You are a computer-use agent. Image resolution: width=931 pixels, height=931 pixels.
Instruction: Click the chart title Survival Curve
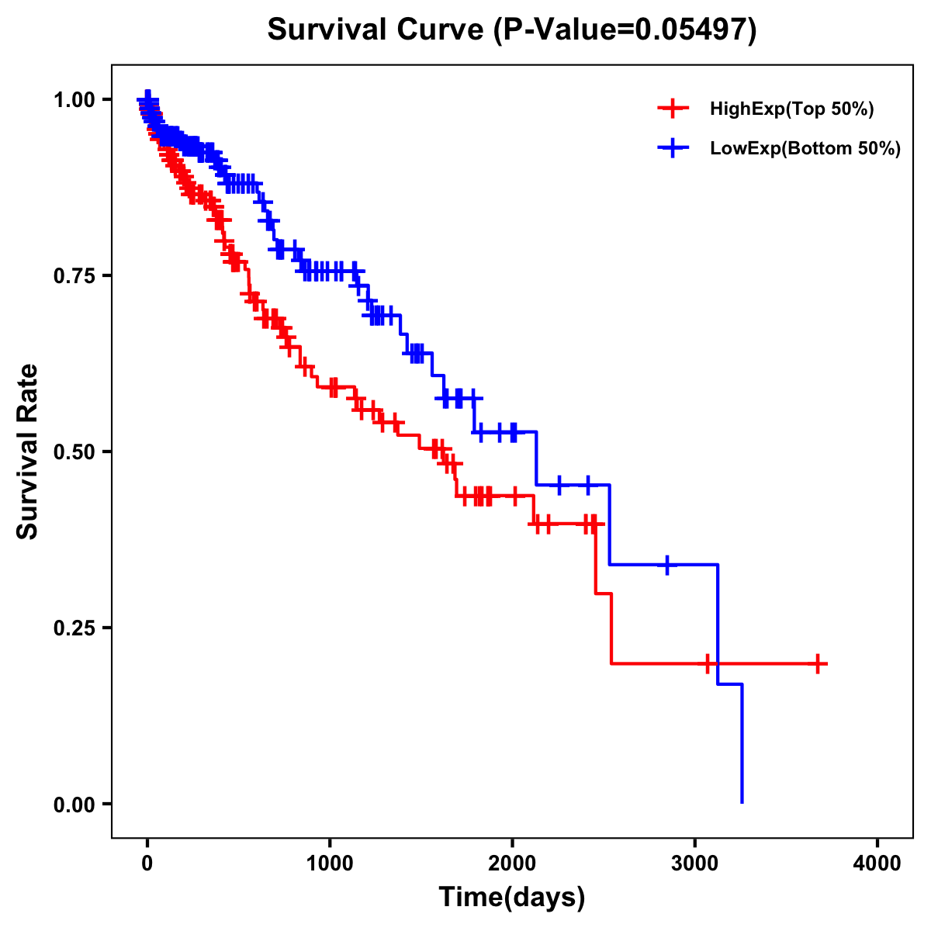coord(511,29)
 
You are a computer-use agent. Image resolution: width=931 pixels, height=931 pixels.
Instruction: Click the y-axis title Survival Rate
coord(28,451)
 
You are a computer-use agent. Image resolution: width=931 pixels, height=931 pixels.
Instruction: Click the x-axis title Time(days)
coord(512,898)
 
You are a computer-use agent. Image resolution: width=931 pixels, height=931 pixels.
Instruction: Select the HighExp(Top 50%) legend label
coord(791,109)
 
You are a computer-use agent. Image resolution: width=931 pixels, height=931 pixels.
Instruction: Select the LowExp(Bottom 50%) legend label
coord(805,149)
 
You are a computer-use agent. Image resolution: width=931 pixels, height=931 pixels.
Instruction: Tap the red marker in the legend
coord(673,109)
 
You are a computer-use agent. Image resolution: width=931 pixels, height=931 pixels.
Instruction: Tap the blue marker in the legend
coord(673,147)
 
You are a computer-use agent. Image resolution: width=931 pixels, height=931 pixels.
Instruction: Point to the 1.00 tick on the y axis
coord(74,99)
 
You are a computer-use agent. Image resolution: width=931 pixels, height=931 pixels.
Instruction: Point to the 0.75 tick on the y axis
coord(74,275)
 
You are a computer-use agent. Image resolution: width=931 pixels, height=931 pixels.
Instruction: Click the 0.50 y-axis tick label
coord(74,452)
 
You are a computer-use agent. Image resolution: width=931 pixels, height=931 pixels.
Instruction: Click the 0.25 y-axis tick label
coord(74,628)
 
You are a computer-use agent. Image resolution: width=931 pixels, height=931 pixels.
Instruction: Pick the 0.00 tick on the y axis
coord(74,804)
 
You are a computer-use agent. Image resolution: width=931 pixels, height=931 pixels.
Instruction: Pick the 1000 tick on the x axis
coord(330,864)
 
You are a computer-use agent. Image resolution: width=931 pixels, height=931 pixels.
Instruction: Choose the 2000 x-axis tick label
coord(512,864)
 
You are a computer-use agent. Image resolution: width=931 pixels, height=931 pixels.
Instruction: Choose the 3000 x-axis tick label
coord(695,864)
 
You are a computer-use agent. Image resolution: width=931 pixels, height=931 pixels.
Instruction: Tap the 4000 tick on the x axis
coord(877,864)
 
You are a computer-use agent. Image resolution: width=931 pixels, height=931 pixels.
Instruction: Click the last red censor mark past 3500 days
coord(818,664)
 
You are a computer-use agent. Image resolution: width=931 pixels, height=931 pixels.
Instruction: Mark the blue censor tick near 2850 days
coord(666,565)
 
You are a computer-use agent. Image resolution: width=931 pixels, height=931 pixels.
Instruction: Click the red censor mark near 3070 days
coord(708,664)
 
